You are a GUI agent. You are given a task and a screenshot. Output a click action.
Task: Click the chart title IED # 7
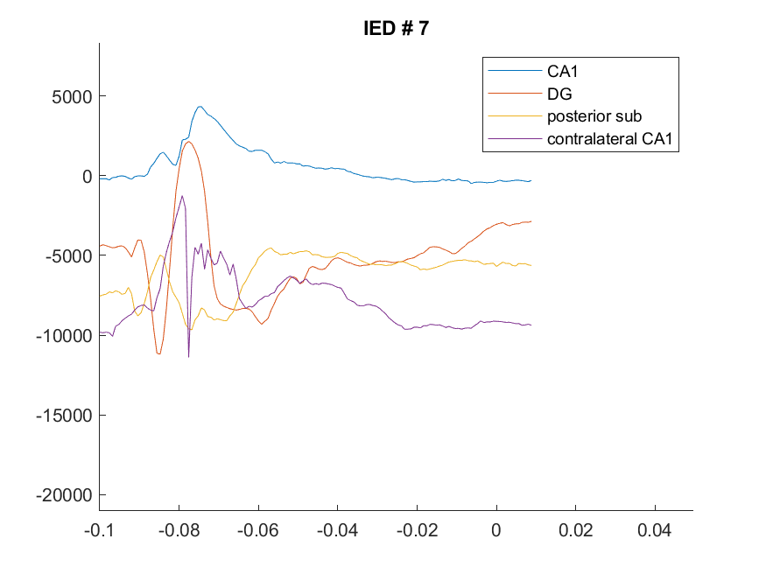pyautogui.click(x=397, y=28)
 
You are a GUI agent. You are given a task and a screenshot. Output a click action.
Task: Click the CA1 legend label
pyautogui.click(x=562, y=71)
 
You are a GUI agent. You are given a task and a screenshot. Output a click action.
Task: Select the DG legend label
pyautogui.click(x=559, y=94)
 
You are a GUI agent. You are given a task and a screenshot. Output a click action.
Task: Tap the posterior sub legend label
pyautogui.click(x=594, y=116)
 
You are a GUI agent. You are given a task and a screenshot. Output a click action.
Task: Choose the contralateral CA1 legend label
pyautogui.click(x=609, y=138)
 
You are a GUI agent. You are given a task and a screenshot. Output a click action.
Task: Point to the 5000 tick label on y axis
pyautogui.click(x=72, y=96)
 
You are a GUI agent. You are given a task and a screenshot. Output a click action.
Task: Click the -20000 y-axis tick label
pyautogui.click(x=64, y=495)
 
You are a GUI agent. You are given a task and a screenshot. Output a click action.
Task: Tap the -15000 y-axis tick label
pyautogui.click(x=64, y=416)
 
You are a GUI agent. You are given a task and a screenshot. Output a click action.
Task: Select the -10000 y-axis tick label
pyautogui.click(x=64, y=336)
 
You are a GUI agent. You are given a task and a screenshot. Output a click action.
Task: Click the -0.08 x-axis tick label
pyautogui.click(x=179, y=530)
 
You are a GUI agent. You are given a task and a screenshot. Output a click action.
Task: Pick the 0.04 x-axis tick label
pyautogui.click(x=655, y=530)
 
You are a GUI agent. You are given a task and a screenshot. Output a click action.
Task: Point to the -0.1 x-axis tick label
pyautogui.click(x=99, y=530)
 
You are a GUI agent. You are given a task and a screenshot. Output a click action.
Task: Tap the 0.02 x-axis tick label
pyautogui.click(x=575, y=530)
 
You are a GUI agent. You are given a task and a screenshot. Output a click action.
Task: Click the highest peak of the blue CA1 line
pyautogui.click(x=200, y=107)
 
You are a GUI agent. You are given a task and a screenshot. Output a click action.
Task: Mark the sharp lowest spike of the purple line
pyautogui.click(x=188, y=357)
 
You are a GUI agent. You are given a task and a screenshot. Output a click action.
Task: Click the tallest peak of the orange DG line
pyautogui.click(x=188, y=142)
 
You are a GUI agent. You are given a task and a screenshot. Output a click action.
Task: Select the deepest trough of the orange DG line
pyautogui.click(x=158, y=353)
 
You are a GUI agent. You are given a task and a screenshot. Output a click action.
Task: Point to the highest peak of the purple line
pyautogui.click(x=182, y=196)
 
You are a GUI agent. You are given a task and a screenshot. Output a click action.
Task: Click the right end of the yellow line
pyautogui.click(x=531, y=265)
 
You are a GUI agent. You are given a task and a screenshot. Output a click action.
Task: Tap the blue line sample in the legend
pyautogui.click(x=515, y=71)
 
